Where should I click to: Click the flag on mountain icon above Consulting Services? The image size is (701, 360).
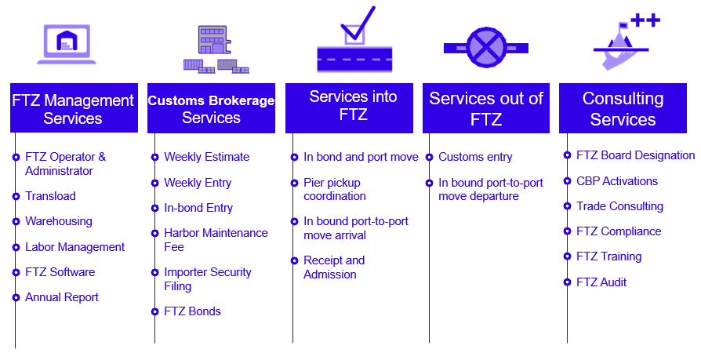coord(624,39)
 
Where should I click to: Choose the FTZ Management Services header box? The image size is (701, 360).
coord(73,108)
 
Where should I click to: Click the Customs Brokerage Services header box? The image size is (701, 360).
coord(211,108)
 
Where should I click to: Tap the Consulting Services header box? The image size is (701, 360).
coord(623,108)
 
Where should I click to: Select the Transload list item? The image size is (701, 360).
coord(50,196)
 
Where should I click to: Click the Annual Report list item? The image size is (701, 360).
coord(62,297)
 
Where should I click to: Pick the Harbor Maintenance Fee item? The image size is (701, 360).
coord(216,240)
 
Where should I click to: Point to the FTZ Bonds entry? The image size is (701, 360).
coord(192,311)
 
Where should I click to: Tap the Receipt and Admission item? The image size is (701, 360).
coord(334,267)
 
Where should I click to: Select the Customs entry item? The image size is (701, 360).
coord(475,157)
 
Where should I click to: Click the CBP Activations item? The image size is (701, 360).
coord(617,181)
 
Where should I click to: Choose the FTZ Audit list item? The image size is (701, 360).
coord(601,282)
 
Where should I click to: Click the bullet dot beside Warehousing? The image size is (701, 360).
coord(16,221)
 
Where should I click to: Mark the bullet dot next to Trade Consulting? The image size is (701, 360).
coord(568,206)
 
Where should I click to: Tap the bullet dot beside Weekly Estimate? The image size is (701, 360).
coord(154,157)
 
